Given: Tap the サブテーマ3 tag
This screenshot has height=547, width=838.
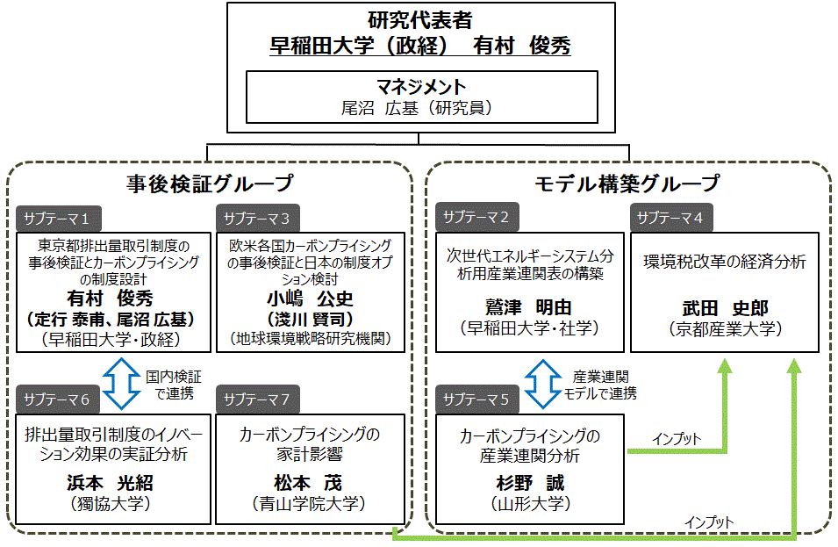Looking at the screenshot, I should coord(259,218).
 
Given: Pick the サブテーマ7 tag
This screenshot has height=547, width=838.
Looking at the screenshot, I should coord(259,400).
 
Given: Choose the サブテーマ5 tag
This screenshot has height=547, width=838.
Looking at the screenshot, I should coord(476,400).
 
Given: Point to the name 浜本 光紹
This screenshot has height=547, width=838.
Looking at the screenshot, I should coord(111,483).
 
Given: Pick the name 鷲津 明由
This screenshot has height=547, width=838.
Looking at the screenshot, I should coord(528,307).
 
